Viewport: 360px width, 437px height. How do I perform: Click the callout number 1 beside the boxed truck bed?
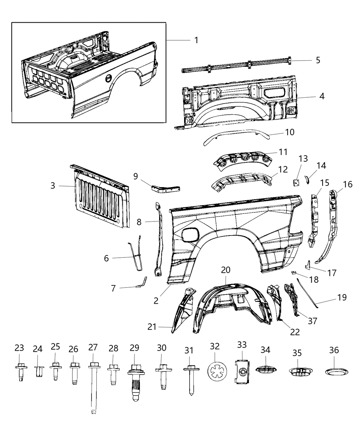(196, 40)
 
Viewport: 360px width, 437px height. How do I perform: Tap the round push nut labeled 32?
(217, 371)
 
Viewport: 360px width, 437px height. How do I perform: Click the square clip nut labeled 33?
(242, 372)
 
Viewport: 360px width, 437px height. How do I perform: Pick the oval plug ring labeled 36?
(336, 371)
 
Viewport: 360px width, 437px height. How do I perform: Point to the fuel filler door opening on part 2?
(190, 234)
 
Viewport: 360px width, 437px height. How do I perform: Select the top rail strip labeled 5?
(237, 65)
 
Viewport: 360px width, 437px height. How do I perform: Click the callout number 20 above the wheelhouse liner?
(226, 270)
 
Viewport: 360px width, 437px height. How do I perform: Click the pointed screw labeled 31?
(190, 380)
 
